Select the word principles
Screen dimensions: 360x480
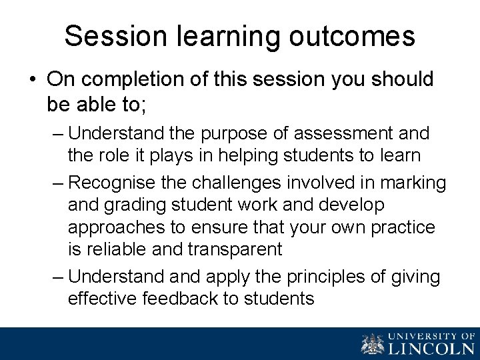pyautogui.click(x=331, y=275)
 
